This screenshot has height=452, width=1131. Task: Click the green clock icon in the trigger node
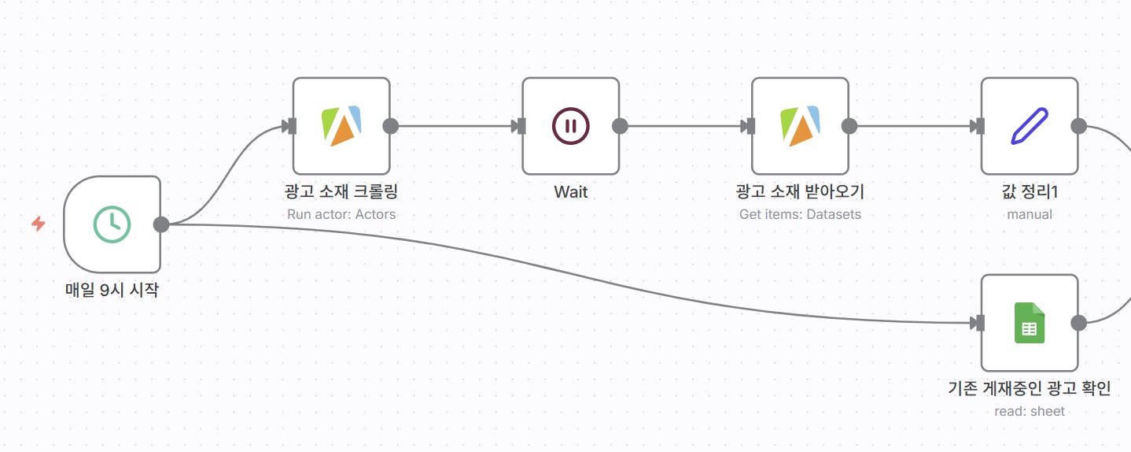[x=112, y=224]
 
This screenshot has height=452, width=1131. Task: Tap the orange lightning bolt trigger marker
[x=38, y=224]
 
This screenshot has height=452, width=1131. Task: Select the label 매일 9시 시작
[x=112, y=290]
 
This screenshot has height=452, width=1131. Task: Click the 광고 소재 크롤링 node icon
[x=341, y=126]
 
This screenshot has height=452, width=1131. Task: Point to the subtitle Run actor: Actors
[x=341, y=214]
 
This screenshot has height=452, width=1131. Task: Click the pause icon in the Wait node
[x=570, y=126]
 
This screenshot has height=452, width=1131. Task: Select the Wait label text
[x=570, y=191]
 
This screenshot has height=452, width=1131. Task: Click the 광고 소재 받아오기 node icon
[x=800, y=126]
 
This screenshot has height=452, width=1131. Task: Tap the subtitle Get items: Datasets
[x=800, y=214]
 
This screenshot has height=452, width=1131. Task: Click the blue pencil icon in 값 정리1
[x=1029, y=126]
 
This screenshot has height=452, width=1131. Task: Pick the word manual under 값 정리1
[x=1029, y=214]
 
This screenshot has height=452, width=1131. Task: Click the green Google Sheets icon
[x=1029, y=323]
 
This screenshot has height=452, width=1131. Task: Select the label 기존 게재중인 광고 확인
[x=1029, y=388]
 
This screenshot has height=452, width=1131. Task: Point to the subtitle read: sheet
[x=1029, y=411]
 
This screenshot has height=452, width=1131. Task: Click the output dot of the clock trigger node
[x=161, y=224]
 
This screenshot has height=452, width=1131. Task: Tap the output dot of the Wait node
[x=620, y=126]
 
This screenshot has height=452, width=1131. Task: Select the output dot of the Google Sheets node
[x=1078, y=323]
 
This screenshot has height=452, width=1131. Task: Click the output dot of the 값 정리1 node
[x=1078, y=126]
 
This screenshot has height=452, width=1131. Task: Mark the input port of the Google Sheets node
[x=978, y=323]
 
